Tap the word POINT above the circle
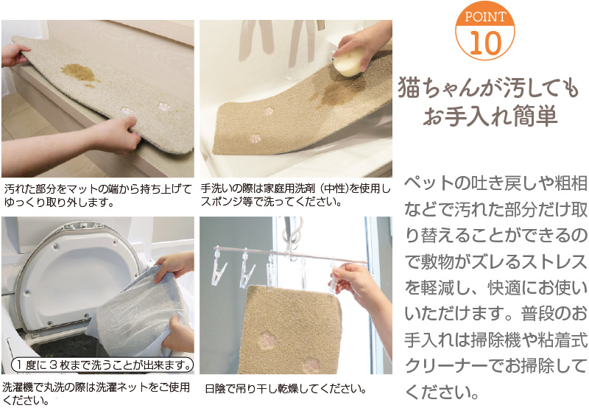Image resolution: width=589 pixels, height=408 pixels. (484, 16)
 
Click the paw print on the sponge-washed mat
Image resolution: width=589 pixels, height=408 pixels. (255, 138)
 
